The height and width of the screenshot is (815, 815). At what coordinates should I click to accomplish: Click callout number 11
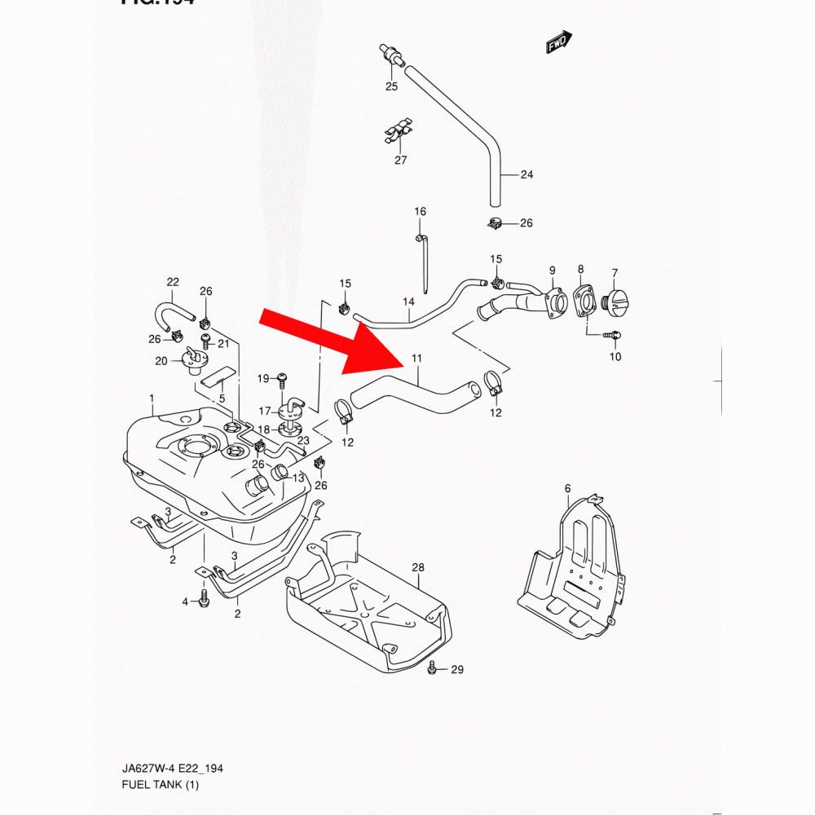point(417,359)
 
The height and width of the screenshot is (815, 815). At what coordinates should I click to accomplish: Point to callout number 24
point(526,174)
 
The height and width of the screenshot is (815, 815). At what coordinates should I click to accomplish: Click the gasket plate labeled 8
point(583,300)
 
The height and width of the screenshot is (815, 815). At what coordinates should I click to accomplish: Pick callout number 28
point(418,566)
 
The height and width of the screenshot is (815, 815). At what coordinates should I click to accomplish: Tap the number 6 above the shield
point(567,488)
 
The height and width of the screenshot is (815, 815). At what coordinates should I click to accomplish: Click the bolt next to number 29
point(433,669)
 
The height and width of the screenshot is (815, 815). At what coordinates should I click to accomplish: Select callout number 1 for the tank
point(152,398)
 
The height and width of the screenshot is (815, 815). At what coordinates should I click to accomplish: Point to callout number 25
point(391,86)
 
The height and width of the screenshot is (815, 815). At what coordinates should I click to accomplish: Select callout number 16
point(420,212)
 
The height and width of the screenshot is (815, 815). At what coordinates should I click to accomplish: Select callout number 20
point(161,361)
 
